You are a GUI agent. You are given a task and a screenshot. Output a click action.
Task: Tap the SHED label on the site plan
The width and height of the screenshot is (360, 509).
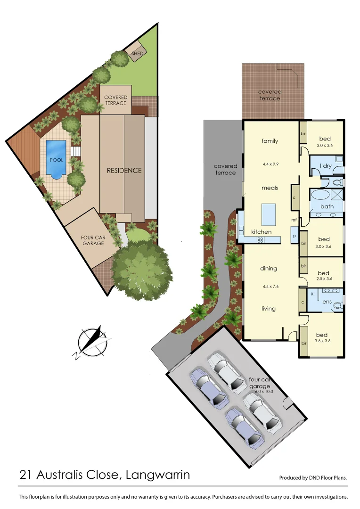tap(137, 54)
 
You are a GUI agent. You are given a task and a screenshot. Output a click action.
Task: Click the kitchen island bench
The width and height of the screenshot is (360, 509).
tap(268, 214)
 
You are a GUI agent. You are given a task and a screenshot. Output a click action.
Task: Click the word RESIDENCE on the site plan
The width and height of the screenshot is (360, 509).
tap(124, 170)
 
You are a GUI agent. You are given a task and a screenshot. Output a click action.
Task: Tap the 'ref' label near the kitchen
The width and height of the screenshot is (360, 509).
tap(294, 220)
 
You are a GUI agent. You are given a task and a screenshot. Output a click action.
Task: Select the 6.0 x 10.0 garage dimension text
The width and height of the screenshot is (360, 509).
tap(264, 391)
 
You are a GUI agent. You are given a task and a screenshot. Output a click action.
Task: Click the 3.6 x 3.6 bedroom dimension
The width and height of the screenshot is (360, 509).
tap(324, 340)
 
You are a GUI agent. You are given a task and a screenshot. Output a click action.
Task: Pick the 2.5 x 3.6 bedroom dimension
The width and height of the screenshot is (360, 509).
tap(323, 279)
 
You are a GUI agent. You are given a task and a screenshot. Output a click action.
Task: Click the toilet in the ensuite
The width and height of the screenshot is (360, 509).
tap(337, 306)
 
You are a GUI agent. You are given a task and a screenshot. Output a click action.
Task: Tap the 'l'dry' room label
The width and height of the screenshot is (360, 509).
tap(326, 166)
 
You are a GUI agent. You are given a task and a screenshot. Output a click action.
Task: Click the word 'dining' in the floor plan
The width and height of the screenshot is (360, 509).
tap(269, 269)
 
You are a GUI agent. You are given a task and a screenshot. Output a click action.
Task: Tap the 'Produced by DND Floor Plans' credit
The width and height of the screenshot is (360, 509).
tap(313, 477)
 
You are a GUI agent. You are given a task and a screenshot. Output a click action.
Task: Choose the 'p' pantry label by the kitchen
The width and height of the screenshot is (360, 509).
tap(294, 236)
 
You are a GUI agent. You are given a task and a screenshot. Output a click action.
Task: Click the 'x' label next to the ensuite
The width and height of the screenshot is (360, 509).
tap(311, 293)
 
